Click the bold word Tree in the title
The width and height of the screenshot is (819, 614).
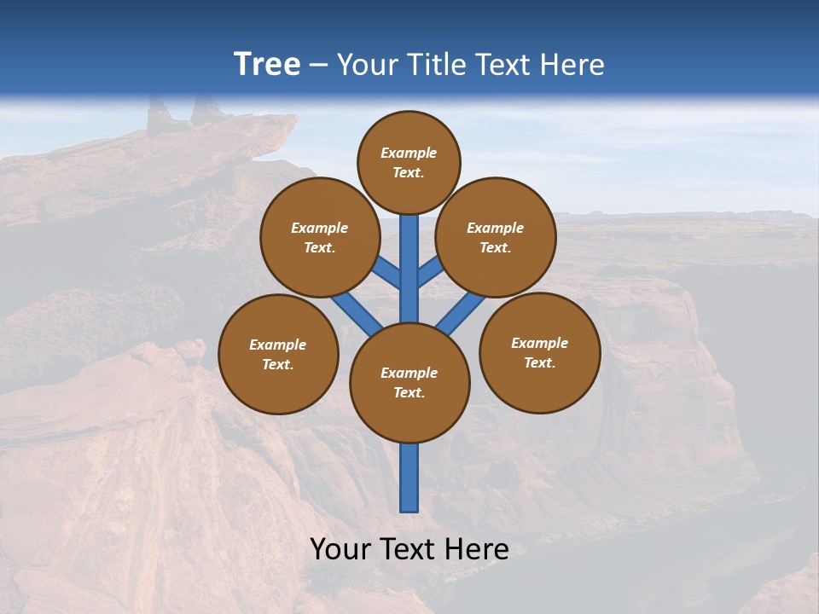tap(267, 65)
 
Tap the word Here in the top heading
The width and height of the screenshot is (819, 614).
tap(572, 65)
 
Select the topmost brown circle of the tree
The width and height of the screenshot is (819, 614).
tap(409, 162)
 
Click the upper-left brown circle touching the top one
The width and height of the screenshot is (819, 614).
tap(320, 237)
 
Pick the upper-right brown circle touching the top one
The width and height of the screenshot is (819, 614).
tap(496, 237)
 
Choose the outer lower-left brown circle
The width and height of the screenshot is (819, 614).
tap(278, 354)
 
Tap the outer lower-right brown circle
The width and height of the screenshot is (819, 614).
tap(540, 352)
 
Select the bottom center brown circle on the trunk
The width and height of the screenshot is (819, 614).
tap(409, 383)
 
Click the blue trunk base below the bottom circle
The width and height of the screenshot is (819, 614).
tap(409, 478)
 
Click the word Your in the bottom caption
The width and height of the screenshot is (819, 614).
tap(340, 549)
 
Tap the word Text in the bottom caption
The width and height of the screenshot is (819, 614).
tap(408, 549)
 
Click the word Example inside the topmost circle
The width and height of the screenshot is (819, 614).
tap(409, 153)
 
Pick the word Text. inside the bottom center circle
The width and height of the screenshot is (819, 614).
tap(409, 393)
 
